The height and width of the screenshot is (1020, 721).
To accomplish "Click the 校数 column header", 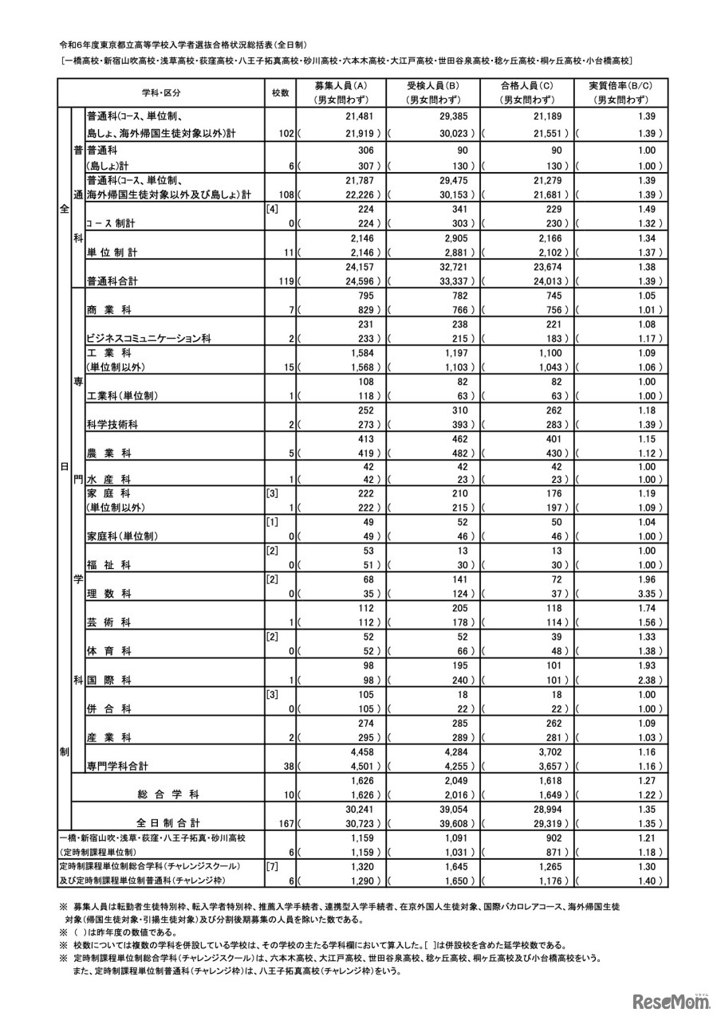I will [280, 92].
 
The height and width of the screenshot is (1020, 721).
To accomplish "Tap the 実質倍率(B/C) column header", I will [620, 92].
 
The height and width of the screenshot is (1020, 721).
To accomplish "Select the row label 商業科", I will [109, 309].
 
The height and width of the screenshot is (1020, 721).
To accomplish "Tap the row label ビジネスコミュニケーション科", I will [148, 338].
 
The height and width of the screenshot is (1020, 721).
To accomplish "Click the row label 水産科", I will [108, 481].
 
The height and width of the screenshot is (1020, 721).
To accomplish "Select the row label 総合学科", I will [168, 794].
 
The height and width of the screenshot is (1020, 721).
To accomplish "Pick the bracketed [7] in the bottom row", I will [271, 865].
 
